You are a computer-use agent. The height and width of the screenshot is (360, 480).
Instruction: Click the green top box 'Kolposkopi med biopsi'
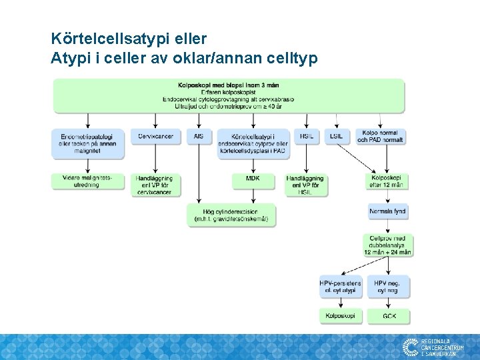tap(228, 95)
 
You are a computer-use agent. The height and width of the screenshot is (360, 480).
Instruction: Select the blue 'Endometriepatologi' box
tap(87, 143)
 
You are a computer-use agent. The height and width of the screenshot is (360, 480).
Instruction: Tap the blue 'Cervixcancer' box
tap(155, 136)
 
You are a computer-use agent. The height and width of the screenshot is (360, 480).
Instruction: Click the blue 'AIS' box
tap(198, 136)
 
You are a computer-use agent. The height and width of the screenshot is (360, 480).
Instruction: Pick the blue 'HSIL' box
tap(306, 136)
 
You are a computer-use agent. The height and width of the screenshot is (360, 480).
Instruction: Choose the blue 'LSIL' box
tap(337, 136)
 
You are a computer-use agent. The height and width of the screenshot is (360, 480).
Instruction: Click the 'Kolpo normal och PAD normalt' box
tap(381, 136)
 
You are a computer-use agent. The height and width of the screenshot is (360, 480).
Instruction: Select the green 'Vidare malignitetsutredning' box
tap(87, 181)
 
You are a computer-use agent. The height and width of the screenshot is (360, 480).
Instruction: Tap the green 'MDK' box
tap(253, 179)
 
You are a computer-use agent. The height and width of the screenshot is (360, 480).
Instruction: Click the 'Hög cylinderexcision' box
tap(231, 215)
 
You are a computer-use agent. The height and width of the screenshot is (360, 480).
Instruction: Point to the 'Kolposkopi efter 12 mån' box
tap(387, 181)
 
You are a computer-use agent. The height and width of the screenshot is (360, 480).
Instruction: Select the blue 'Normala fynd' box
tap(387, 212)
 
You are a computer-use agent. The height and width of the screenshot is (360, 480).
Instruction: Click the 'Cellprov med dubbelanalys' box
tap(387, 245)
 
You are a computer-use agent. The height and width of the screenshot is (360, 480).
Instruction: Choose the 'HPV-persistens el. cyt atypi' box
tap(340, 287)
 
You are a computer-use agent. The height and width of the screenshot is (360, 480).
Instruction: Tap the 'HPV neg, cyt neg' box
tap(387, 287)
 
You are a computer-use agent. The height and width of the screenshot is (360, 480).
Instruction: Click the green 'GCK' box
tap(387, 315)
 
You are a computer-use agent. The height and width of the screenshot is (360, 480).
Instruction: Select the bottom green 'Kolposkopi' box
tap(340, 315)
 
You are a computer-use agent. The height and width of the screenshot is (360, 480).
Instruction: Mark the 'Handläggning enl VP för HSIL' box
tap(305, 185)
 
